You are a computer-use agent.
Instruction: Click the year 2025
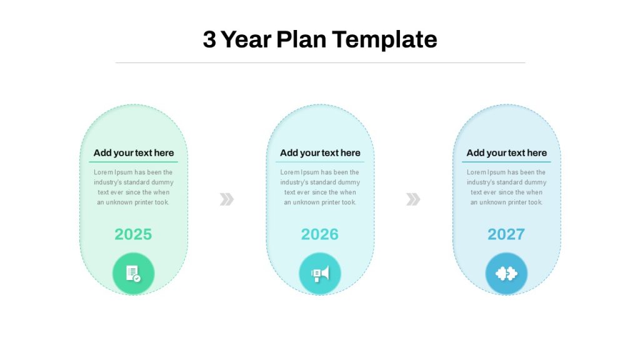point(133,234)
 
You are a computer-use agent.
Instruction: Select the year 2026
point(319,234)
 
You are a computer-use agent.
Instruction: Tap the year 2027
point(506,234)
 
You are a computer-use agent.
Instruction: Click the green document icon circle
point(134,274)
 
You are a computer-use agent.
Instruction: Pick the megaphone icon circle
point(320,274)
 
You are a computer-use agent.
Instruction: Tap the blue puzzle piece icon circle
point(506,274)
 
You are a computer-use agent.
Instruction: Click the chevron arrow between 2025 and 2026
point(226,199)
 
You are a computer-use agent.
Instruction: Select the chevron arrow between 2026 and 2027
point(413,199)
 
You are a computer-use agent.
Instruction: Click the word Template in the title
point(384,39)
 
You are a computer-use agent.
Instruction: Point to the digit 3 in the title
point(209,39)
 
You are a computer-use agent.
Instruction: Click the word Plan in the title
point(301,39)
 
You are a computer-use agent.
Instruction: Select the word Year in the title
point(246,39)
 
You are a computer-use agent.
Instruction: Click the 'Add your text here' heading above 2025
point(134,153)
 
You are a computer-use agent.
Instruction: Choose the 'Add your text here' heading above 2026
point(320,153)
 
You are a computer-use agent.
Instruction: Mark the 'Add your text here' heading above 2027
point(506,153)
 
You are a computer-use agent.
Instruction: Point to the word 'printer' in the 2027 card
point(517,202)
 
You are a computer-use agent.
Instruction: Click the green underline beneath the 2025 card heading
point(134,162)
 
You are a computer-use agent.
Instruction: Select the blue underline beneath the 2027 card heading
point(506,162)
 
